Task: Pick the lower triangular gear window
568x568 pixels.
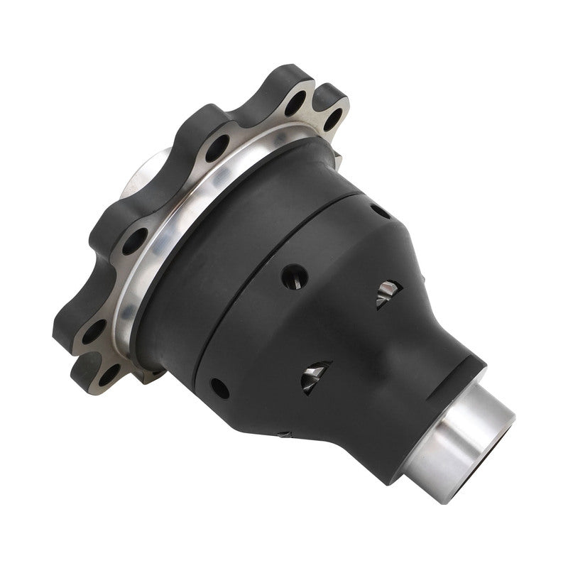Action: [x=315, y=377]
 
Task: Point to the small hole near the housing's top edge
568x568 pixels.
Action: [x=379, y=211]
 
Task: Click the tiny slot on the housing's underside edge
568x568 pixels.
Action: [x=283, y=433]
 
